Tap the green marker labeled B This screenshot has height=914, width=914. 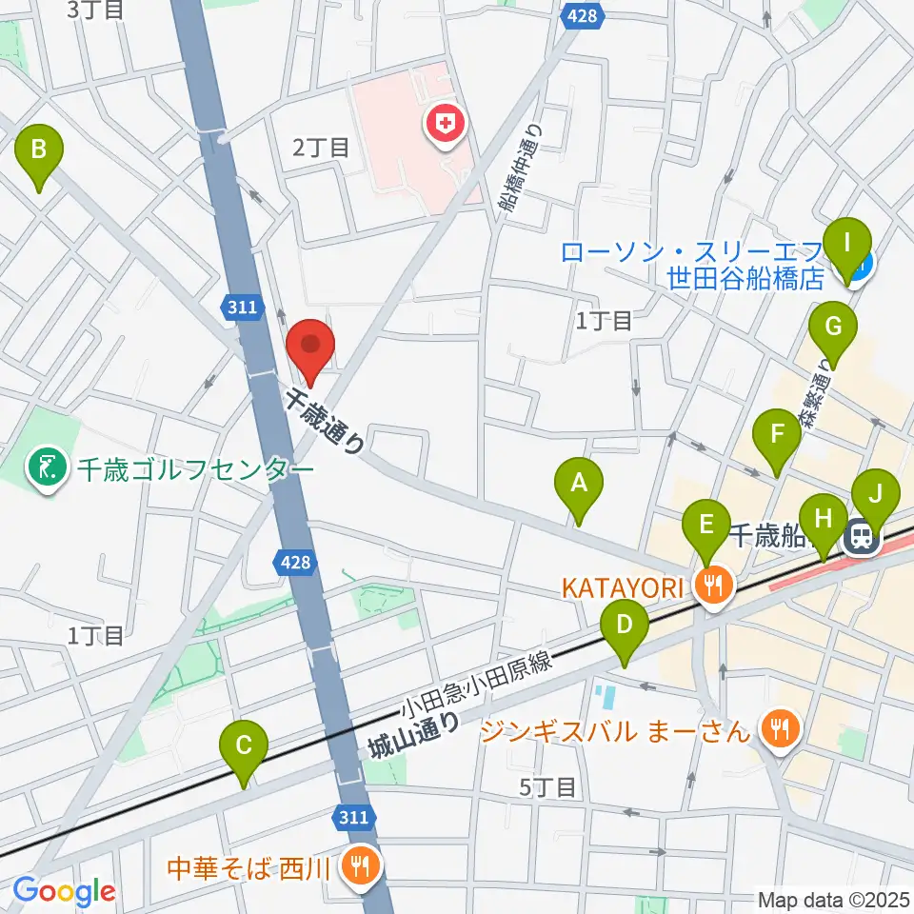[x=39, y=150]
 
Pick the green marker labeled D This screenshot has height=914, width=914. [x=625, y=627]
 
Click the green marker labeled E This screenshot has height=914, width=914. [x=705, y=526]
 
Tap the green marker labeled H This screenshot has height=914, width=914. [x=825, y=521]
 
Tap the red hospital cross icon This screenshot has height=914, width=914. [x=445, y=122]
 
